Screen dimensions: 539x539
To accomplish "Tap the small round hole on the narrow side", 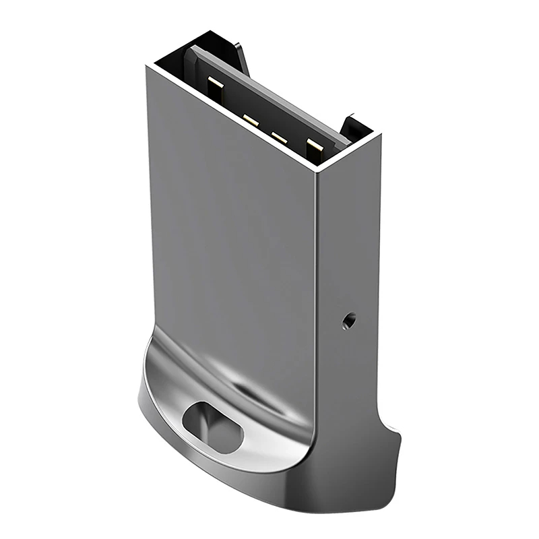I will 348,321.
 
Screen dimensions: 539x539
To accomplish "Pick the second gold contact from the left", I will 251,121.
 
